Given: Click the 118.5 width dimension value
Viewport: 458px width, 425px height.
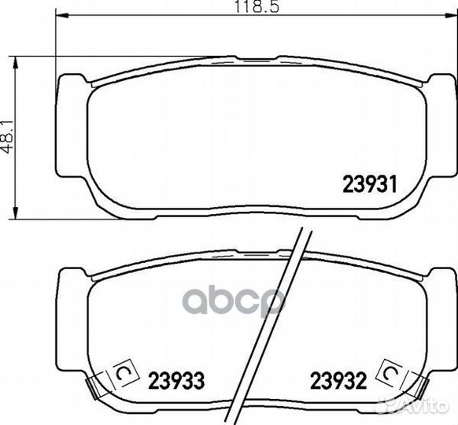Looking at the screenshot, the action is [x=257, y=6].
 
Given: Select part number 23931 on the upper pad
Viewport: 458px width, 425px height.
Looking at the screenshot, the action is [x=370, y=184].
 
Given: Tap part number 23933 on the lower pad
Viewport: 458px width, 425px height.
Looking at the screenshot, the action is [x=176, y=381].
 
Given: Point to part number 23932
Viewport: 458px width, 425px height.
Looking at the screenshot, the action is [x=338, y=381].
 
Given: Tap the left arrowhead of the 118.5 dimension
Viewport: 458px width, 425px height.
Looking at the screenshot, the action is [x=61, y=14].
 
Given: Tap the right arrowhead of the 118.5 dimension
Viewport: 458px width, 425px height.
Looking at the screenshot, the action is [x=450, y=14].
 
